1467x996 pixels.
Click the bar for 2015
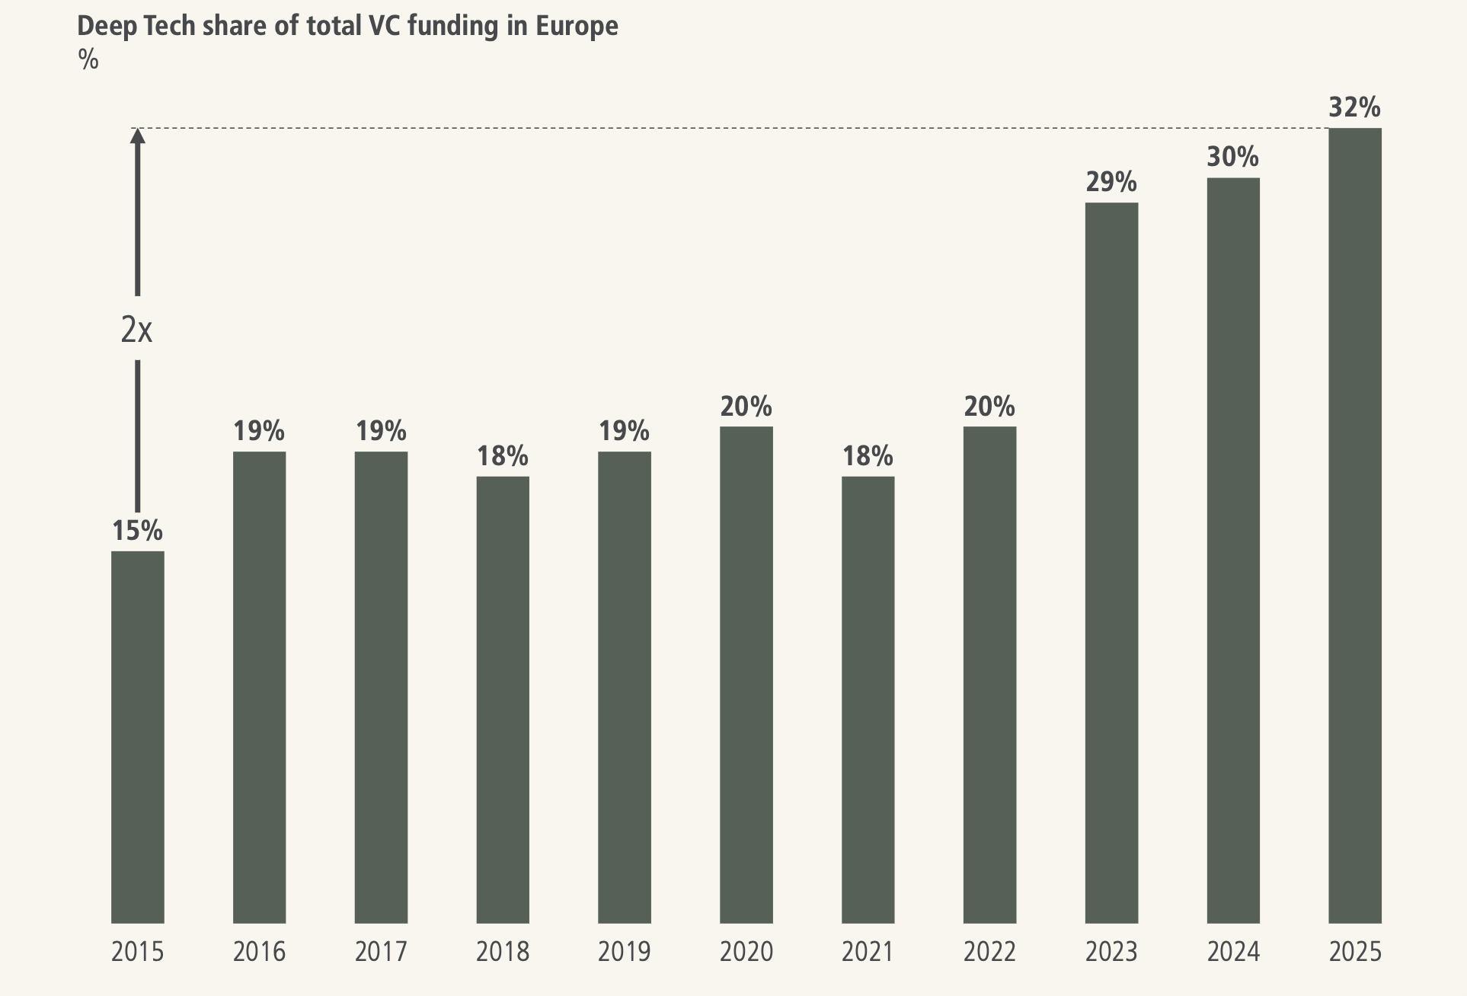click(x=137, y=736)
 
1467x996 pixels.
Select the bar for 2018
click(x=503, y=699)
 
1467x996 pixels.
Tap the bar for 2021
click(x=868, y=699)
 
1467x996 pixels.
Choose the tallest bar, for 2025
click(x=1354, y=525)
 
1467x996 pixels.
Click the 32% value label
click(x=1354, y=108)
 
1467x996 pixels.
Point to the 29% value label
click(x=1111, y=183)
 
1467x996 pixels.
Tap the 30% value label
click(x=1232, y=158)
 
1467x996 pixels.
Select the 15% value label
click(x=137, y=531)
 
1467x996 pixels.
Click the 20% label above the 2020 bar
click(x=746, y=407)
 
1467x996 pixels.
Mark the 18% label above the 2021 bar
click(x=868, y=457)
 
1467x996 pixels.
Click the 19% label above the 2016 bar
click(x=259, y=432)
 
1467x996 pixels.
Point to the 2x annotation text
click(x=137, y=330)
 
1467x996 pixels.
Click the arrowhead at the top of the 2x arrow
click(x=137, y=136)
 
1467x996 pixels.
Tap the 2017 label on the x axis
click(x=381, y=952)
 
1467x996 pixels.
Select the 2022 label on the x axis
click(x=989, y=952)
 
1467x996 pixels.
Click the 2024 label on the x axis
click(x=1232, y=952)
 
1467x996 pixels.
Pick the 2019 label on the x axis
click(x=624, y=952)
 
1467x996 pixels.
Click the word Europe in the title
click(x=577, y=27)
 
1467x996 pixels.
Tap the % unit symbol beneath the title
click(x=88, y=59)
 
